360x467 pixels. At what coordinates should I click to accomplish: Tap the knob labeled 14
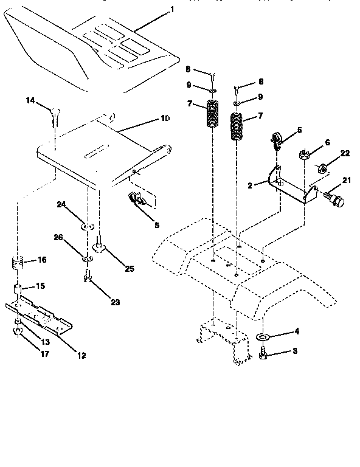click(x=54, y=112)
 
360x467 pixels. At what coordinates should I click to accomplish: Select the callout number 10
click(x=165, y=118)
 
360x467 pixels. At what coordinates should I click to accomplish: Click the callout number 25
click(x=129, y=268)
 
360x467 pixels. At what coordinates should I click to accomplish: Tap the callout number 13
click(x=45, y=342)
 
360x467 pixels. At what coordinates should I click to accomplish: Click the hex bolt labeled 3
click(x=263, y=352)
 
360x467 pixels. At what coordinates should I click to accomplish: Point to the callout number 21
click(x=347, y=180)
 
